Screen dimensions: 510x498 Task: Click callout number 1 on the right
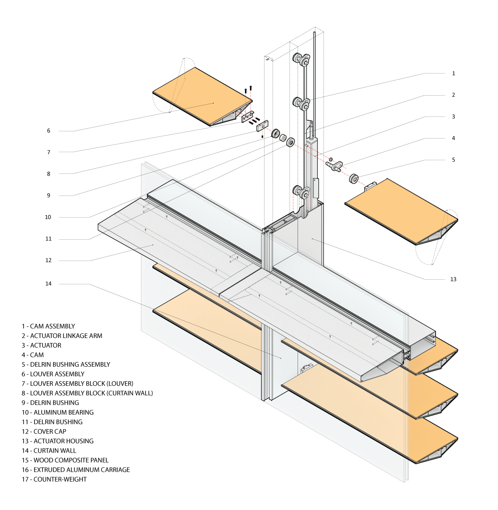coord(453,74)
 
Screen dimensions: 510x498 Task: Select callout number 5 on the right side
coord(453,160)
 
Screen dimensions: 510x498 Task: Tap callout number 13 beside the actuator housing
coord(453,279)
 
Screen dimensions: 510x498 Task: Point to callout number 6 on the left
coord(49,131)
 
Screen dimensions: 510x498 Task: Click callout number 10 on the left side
coord(48,217)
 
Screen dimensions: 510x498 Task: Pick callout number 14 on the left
coord(49,283)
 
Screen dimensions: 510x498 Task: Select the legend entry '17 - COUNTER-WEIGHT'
coord(54,479)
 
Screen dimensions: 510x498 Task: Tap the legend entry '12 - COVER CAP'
coord(44,431)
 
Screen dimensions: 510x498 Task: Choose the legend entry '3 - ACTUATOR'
coord(42,346)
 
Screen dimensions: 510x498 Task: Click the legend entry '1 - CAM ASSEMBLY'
coord(48,326)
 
